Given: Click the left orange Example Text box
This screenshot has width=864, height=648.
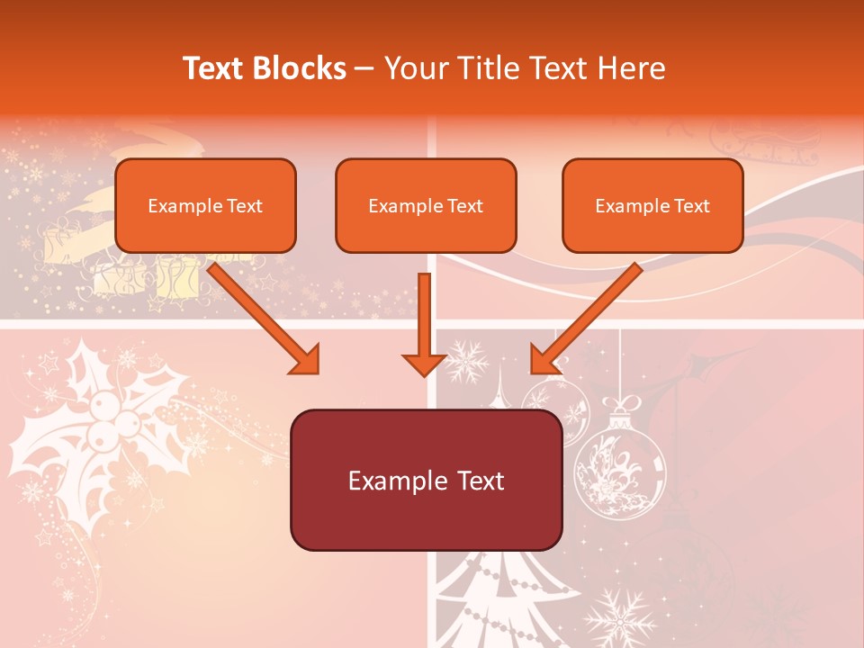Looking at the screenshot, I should point(205,205).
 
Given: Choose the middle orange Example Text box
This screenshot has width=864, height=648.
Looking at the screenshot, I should point(426,205).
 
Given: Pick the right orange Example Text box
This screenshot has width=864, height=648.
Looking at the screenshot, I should point(652,205).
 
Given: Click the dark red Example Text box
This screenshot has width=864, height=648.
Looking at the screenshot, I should point(426,480).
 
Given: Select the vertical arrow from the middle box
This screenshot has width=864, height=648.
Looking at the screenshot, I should point(424,324).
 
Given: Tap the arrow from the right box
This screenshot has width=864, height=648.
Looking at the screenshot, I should point(585,319).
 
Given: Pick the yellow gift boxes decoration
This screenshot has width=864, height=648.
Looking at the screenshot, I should point(135,270).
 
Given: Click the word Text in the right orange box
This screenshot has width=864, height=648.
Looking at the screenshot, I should point(692,205).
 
